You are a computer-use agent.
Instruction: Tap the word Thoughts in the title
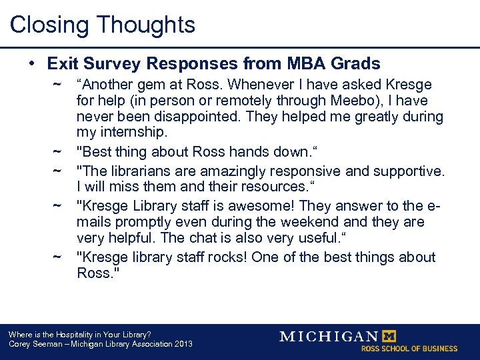coord(146,25)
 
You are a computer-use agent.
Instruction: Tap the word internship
coord(133,133)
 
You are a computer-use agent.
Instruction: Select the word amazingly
coord(233,171)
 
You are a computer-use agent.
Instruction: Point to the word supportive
coord(409,171)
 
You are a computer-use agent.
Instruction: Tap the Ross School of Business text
coord(409,349)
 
